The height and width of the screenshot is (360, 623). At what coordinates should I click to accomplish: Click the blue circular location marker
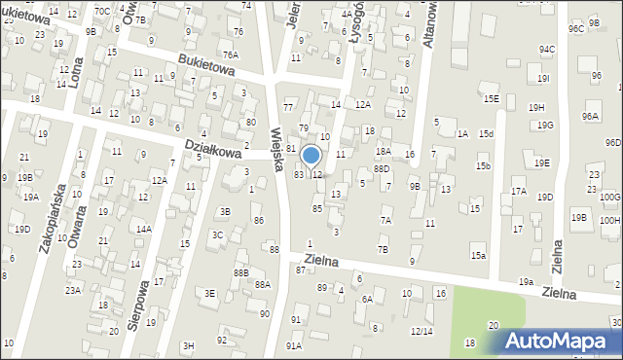311,155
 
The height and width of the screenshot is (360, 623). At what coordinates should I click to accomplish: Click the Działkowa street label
212,150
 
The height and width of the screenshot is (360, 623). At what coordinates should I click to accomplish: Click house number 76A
230,54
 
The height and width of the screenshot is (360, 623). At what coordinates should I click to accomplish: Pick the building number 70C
101,11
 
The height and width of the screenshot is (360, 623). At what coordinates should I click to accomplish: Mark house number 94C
547,49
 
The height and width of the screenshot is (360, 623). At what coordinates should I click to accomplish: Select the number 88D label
382,168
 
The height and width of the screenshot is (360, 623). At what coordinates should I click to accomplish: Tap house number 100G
610,198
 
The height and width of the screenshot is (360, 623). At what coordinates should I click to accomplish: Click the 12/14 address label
421,331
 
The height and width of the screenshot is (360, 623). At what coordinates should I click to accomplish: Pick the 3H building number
189,345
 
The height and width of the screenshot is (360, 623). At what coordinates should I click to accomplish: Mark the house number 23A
73,290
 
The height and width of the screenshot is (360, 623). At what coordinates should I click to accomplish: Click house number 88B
240,273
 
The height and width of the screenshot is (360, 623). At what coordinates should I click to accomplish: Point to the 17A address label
518,192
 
